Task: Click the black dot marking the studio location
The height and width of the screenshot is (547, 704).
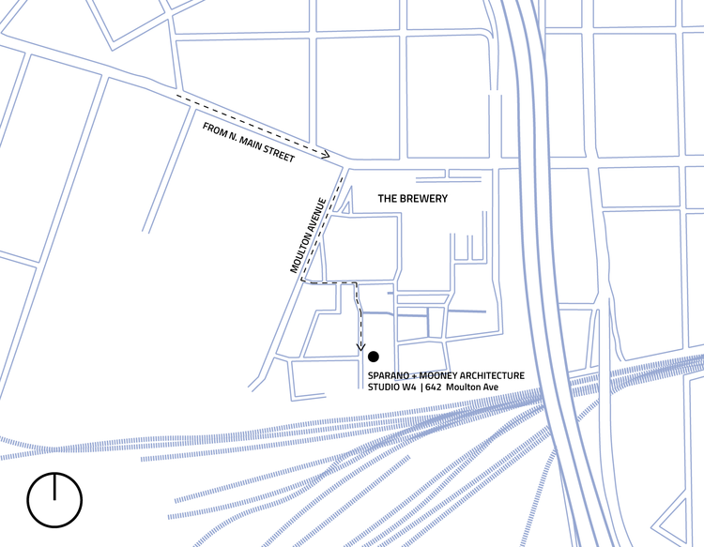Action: click(373, 356)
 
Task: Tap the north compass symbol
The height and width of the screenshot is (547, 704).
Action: click(54, 497)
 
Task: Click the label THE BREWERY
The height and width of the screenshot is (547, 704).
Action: click(412, 199)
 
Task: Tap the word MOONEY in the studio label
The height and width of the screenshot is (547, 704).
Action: click(438, 375)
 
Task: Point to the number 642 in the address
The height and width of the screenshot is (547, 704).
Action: click(433, 387)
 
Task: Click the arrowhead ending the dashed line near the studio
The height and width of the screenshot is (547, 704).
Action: click(360, 349)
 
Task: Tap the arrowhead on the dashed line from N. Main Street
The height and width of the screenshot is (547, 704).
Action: click(325, 154)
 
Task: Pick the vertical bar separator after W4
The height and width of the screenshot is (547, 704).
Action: click(421, 387)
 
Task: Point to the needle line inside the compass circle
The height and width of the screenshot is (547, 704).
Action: click(54, 485)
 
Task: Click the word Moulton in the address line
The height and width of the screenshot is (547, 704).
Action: click(463, 387)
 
